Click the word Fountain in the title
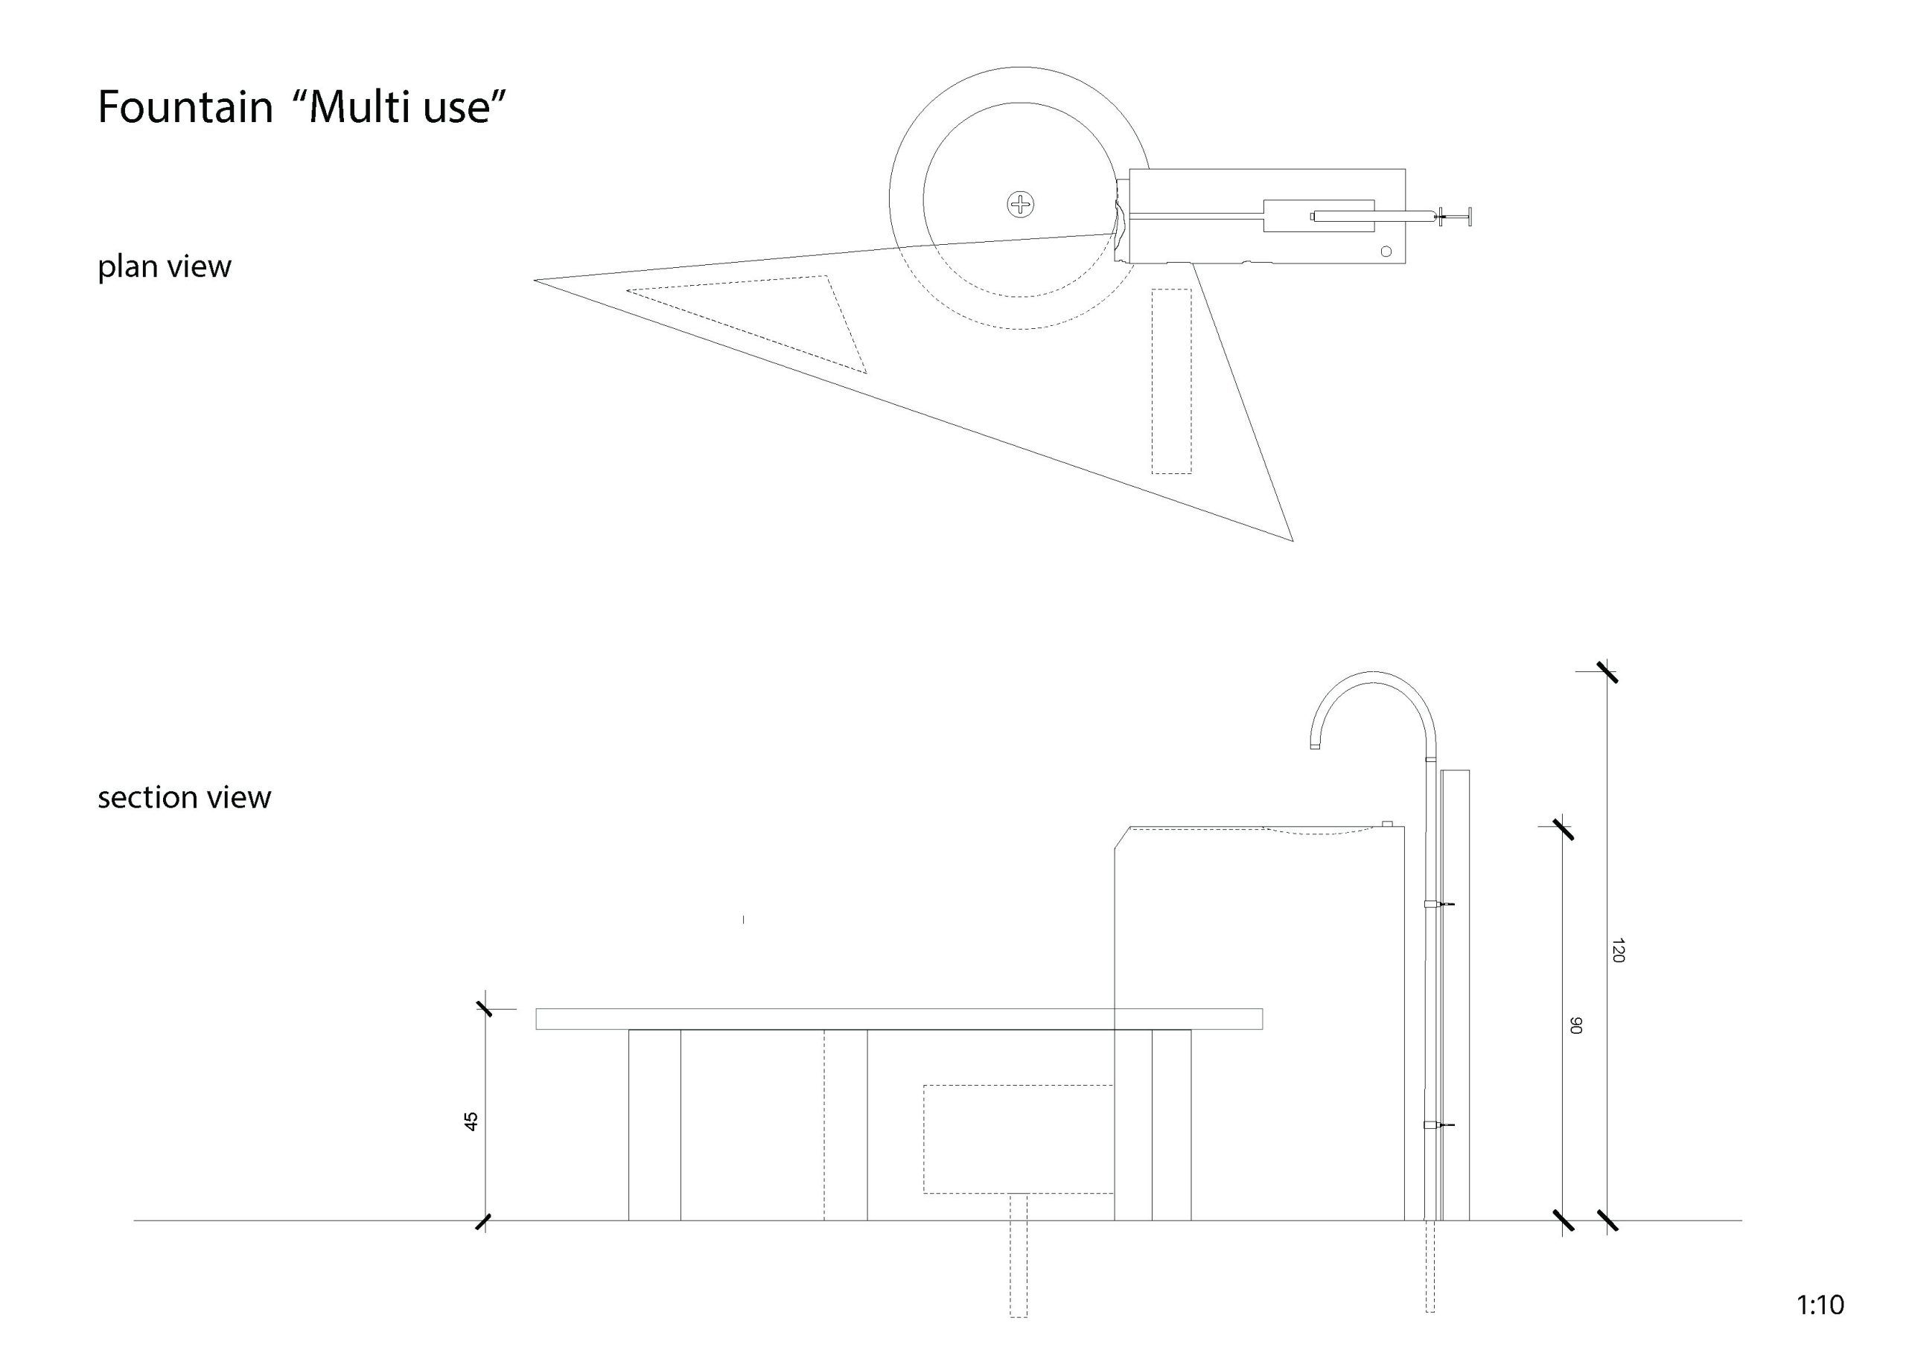click(x=185, y=107)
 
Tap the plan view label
click(x=165, y=266)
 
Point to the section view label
click(x=185, y=798)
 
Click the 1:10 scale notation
click(x=1820, y=1305)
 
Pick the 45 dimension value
click(x=471, y=1122)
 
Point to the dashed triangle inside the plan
click(x=747, y=324)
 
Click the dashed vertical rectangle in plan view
click(x=1171, y=381)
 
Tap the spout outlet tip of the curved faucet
click(x=1315, y=747)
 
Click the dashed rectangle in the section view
click(x=1019, y=1139)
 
